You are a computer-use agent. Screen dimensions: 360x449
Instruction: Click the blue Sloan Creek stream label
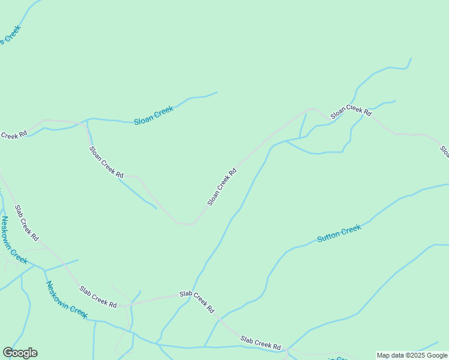[x=154, y=115]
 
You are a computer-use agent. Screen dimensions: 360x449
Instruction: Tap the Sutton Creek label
[x=339, y=233]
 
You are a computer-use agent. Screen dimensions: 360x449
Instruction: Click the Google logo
[x=20, y=353]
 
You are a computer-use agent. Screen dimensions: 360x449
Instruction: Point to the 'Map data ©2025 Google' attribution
[x=412, y=355]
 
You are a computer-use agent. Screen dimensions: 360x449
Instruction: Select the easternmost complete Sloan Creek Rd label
[x=351, y=110]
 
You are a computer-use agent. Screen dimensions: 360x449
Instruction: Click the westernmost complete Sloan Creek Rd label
[x=106, y=162]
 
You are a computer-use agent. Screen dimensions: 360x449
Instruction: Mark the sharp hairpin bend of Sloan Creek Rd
[x=186, y=224]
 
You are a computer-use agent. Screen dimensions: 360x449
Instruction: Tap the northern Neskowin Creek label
[x=14, y=240]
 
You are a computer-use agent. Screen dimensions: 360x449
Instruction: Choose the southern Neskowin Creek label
[x=67, y=300]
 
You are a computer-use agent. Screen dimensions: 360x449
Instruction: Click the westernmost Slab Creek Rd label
[x=26, y=222]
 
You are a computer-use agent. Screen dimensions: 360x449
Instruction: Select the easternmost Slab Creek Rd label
[x=261, y=343]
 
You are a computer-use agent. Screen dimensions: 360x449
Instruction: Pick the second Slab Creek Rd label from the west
[x=98, y=297]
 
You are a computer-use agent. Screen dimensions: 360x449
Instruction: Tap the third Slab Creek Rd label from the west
[x=197, y=302]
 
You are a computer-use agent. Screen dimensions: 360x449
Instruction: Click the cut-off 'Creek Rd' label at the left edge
[x=13, y=135]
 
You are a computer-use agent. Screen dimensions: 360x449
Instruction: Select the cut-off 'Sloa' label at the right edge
[x=444, y=151]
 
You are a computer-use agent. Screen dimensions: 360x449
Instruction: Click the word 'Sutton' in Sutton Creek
[x=328, y=236]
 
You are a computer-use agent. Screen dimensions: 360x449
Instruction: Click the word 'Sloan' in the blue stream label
[x=144, y=118]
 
